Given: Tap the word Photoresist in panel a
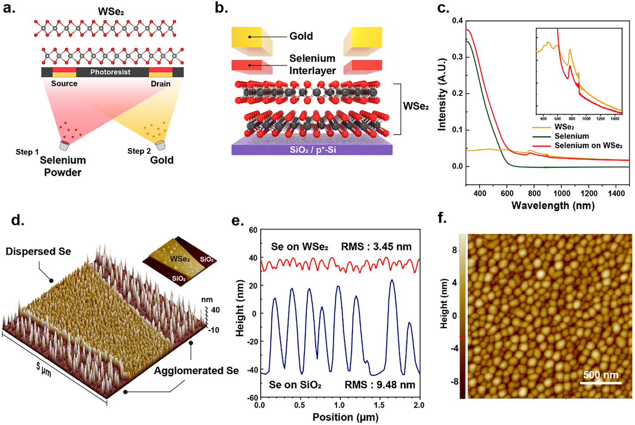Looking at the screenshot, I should click(x=110, y=72).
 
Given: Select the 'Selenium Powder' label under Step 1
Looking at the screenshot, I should click(x=63, y=166).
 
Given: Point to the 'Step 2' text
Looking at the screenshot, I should click(x=139, y=151).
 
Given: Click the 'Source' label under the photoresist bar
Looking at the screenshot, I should click(x=64, y=84).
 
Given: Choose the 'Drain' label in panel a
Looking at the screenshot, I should click(x=160, y=84).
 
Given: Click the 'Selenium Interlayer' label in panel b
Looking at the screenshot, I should click(x=312, y=65).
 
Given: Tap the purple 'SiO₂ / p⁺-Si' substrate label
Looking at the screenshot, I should click(x=312, y=149).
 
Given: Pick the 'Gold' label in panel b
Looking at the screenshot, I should click(x=301, y=36).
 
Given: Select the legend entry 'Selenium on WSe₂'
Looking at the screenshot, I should click(x=588, y=146).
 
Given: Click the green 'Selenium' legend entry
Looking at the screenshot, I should click(x=571, y=137).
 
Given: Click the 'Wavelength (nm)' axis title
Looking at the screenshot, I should click(x=553, y=205).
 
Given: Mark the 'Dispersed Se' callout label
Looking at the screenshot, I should click(x=38, y=251).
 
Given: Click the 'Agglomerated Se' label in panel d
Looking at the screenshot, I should click(x=196, y=371).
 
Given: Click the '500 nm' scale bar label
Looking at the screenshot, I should click(x=601, y=375).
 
